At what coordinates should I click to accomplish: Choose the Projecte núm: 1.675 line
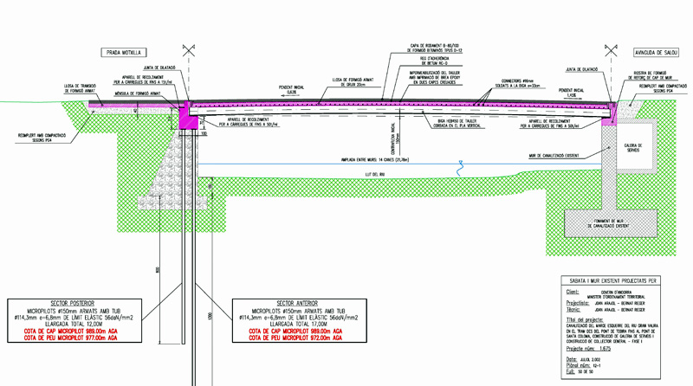(x=590, y=349)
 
